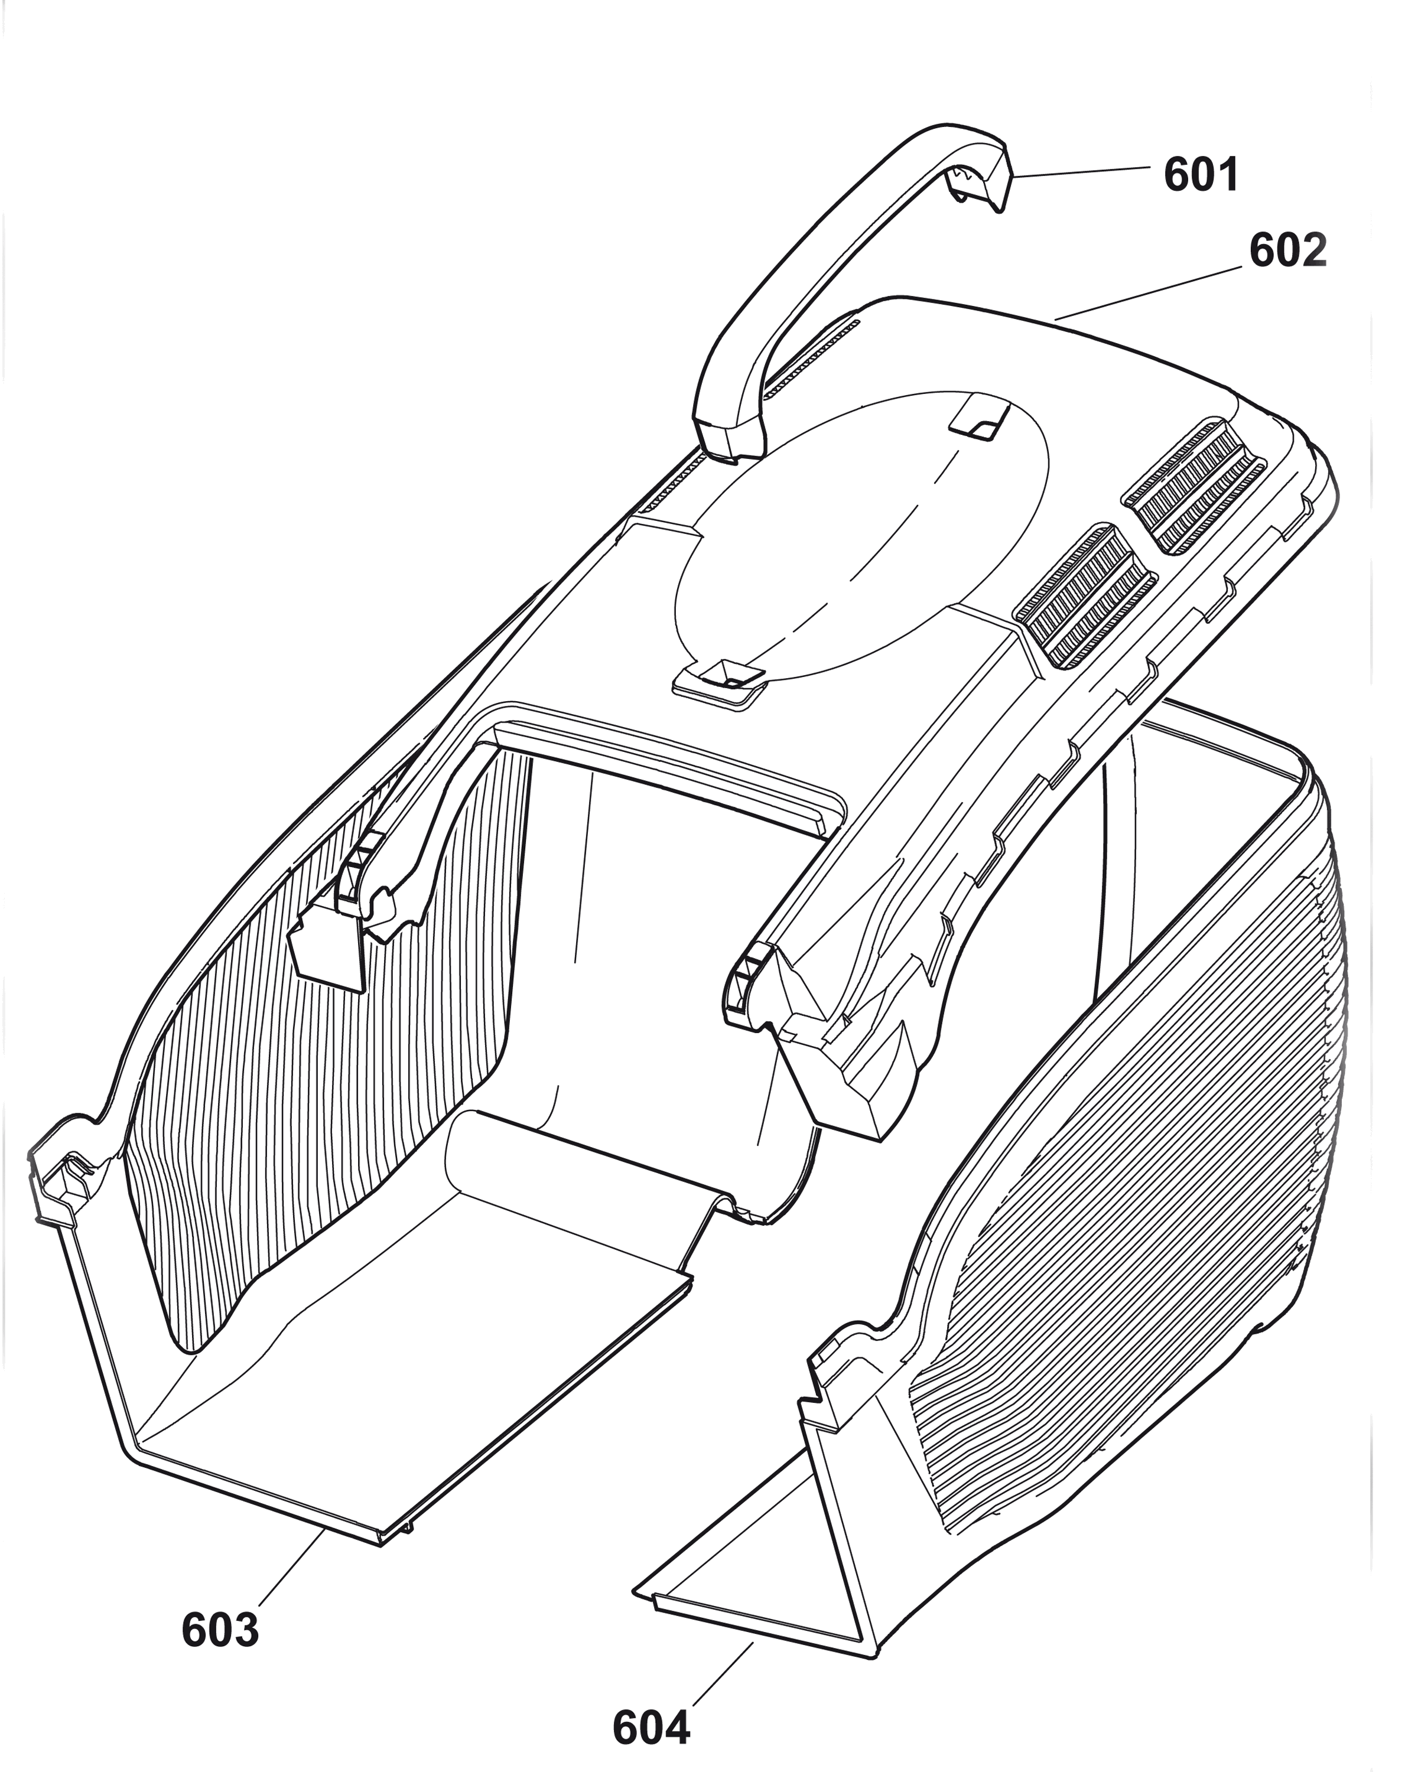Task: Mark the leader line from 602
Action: click(1147, 292)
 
